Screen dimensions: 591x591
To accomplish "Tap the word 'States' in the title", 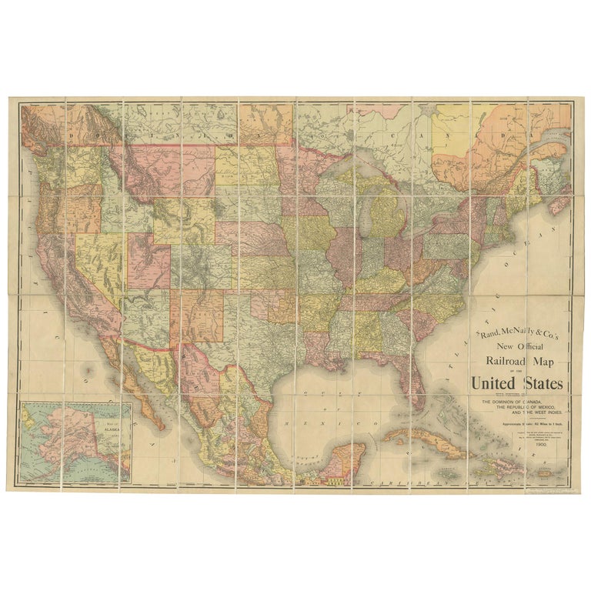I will click(x=540, y=383).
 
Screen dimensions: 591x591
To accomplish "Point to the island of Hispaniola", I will click(x=493, y=464).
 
